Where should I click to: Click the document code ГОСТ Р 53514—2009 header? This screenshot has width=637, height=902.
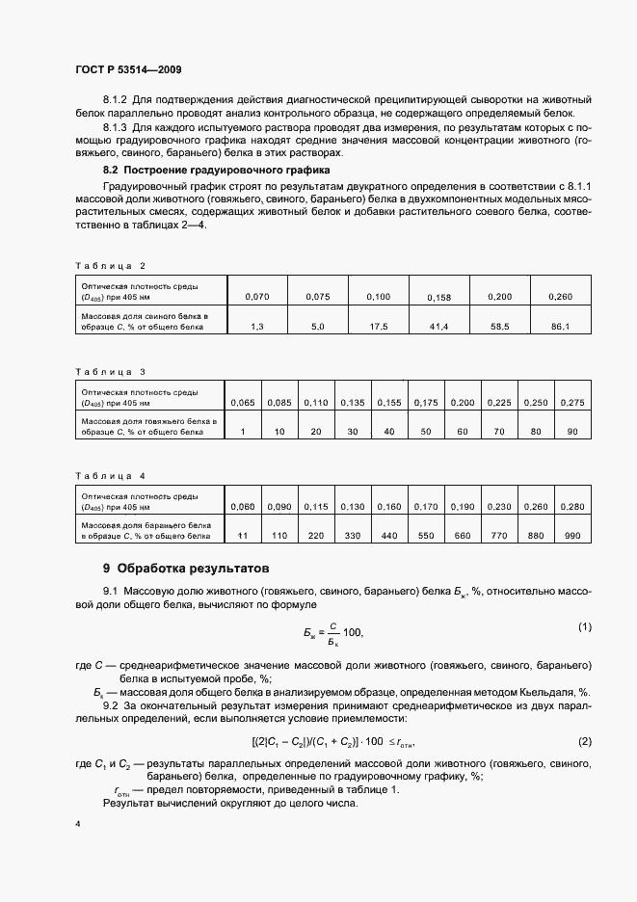click(128, 70)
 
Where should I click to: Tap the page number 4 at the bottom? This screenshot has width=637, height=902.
click(77, 823)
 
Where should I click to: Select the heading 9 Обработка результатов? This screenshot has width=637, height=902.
click(179, 568)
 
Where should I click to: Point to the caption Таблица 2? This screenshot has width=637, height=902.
click(109, 264)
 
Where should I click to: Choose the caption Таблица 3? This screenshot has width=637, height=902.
click(109, 370)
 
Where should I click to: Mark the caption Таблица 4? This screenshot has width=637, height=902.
click(109, 476)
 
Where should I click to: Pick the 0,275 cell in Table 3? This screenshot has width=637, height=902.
click(572, 401)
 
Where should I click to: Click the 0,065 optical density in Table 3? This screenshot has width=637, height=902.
click(245, 401)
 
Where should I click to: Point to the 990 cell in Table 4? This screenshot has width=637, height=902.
click(572, 533)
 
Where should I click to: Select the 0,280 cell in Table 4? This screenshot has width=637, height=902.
click(572, 506)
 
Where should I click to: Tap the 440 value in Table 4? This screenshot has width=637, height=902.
click(389, 533)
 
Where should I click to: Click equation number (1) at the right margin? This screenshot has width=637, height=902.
click(584, 627)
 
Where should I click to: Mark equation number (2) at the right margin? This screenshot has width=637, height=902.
click(584, 740)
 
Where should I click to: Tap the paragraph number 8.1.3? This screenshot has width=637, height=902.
click(117, 126)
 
